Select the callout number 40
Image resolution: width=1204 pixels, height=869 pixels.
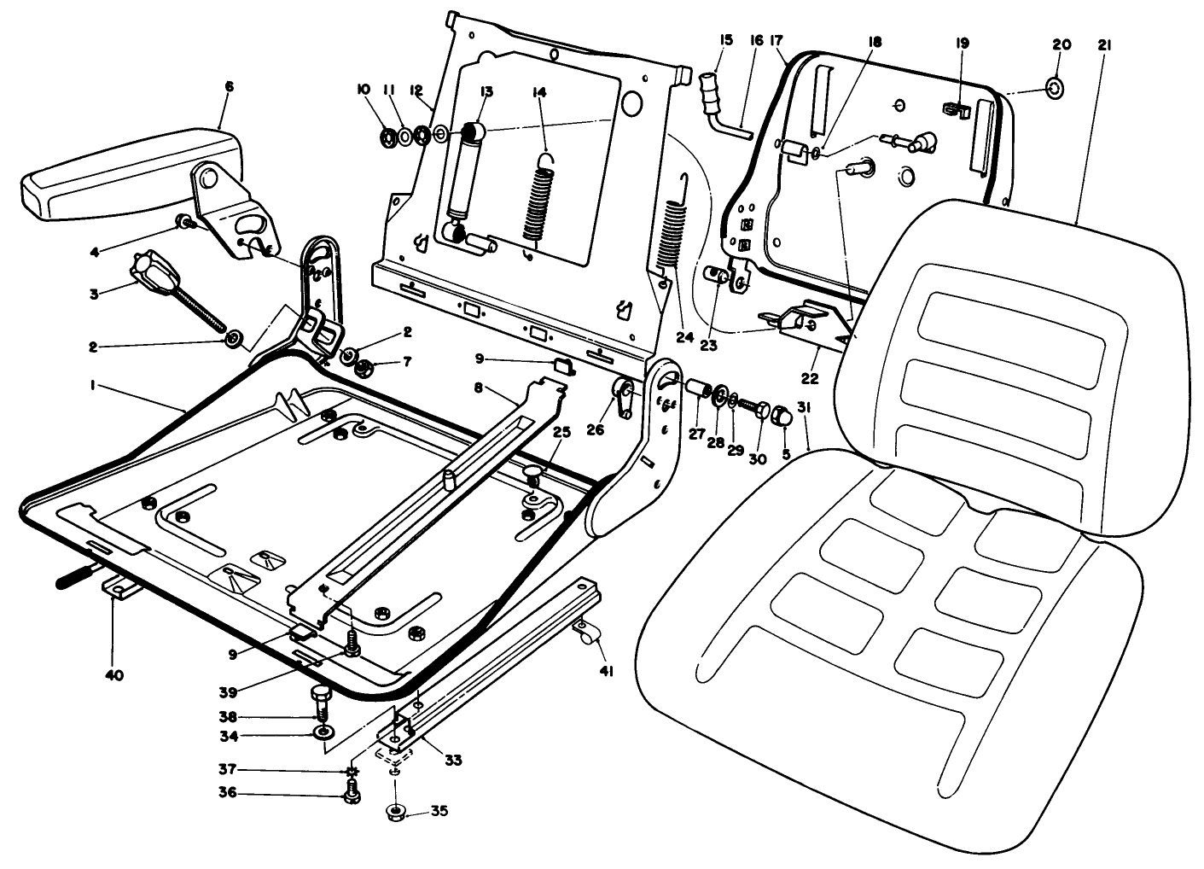(x=114, y=675)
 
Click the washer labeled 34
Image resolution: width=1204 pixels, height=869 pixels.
(x=323, y=733)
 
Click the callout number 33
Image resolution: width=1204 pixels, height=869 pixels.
(x=453, y=760)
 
